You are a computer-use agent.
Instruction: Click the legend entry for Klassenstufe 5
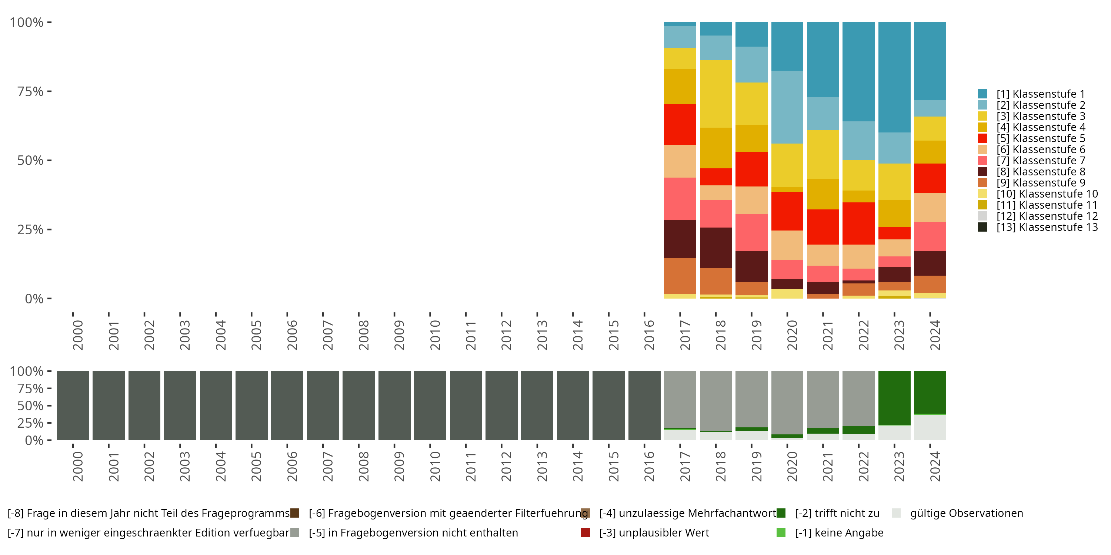click(x=1040, y=138)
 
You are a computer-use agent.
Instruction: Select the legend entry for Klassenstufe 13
click(x=1046, y=227)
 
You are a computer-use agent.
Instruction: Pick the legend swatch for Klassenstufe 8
click(x=982, y=172)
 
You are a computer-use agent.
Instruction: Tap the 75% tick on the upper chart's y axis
click(x=30, y=91)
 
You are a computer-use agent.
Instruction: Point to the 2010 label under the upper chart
click(x=435, y=335)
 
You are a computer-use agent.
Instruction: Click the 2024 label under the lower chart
click(x=935, y=466)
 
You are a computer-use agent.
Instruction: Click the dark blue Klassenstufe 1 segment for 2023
click(x=894, y=78)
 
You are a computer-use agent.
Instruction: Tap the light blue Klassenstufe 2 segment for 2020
click(x=787, y=107)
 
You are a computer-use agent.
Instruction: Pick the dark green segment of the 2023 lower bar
click(x=894, y=398)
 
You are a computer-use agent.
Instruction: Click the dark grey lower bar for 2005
click(x=251, y=406)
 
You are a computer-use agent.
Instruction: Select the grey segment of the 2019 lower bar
click(x=751, y=398)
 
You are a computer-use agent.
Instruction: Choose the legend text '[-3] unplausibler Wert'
click(x=654, y=532)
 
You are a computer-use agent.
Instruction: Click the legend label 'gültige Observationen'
click(x=966, y=513)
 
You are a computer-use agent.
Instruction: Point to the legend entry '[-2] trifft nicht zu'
click(x=837, y=513)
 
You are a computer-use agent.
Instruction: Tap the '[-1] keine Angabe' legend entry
click(x=839, y=532)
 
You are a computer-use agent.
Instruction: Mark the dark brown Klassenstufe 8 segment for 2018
click(x=715, y=248)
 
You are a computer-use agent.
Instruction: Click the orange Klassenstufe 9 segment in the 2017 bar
click(x=680, y=276)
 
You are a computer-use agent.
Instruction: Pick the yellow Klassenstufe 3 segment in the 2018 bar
click(x=715, y=94)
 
